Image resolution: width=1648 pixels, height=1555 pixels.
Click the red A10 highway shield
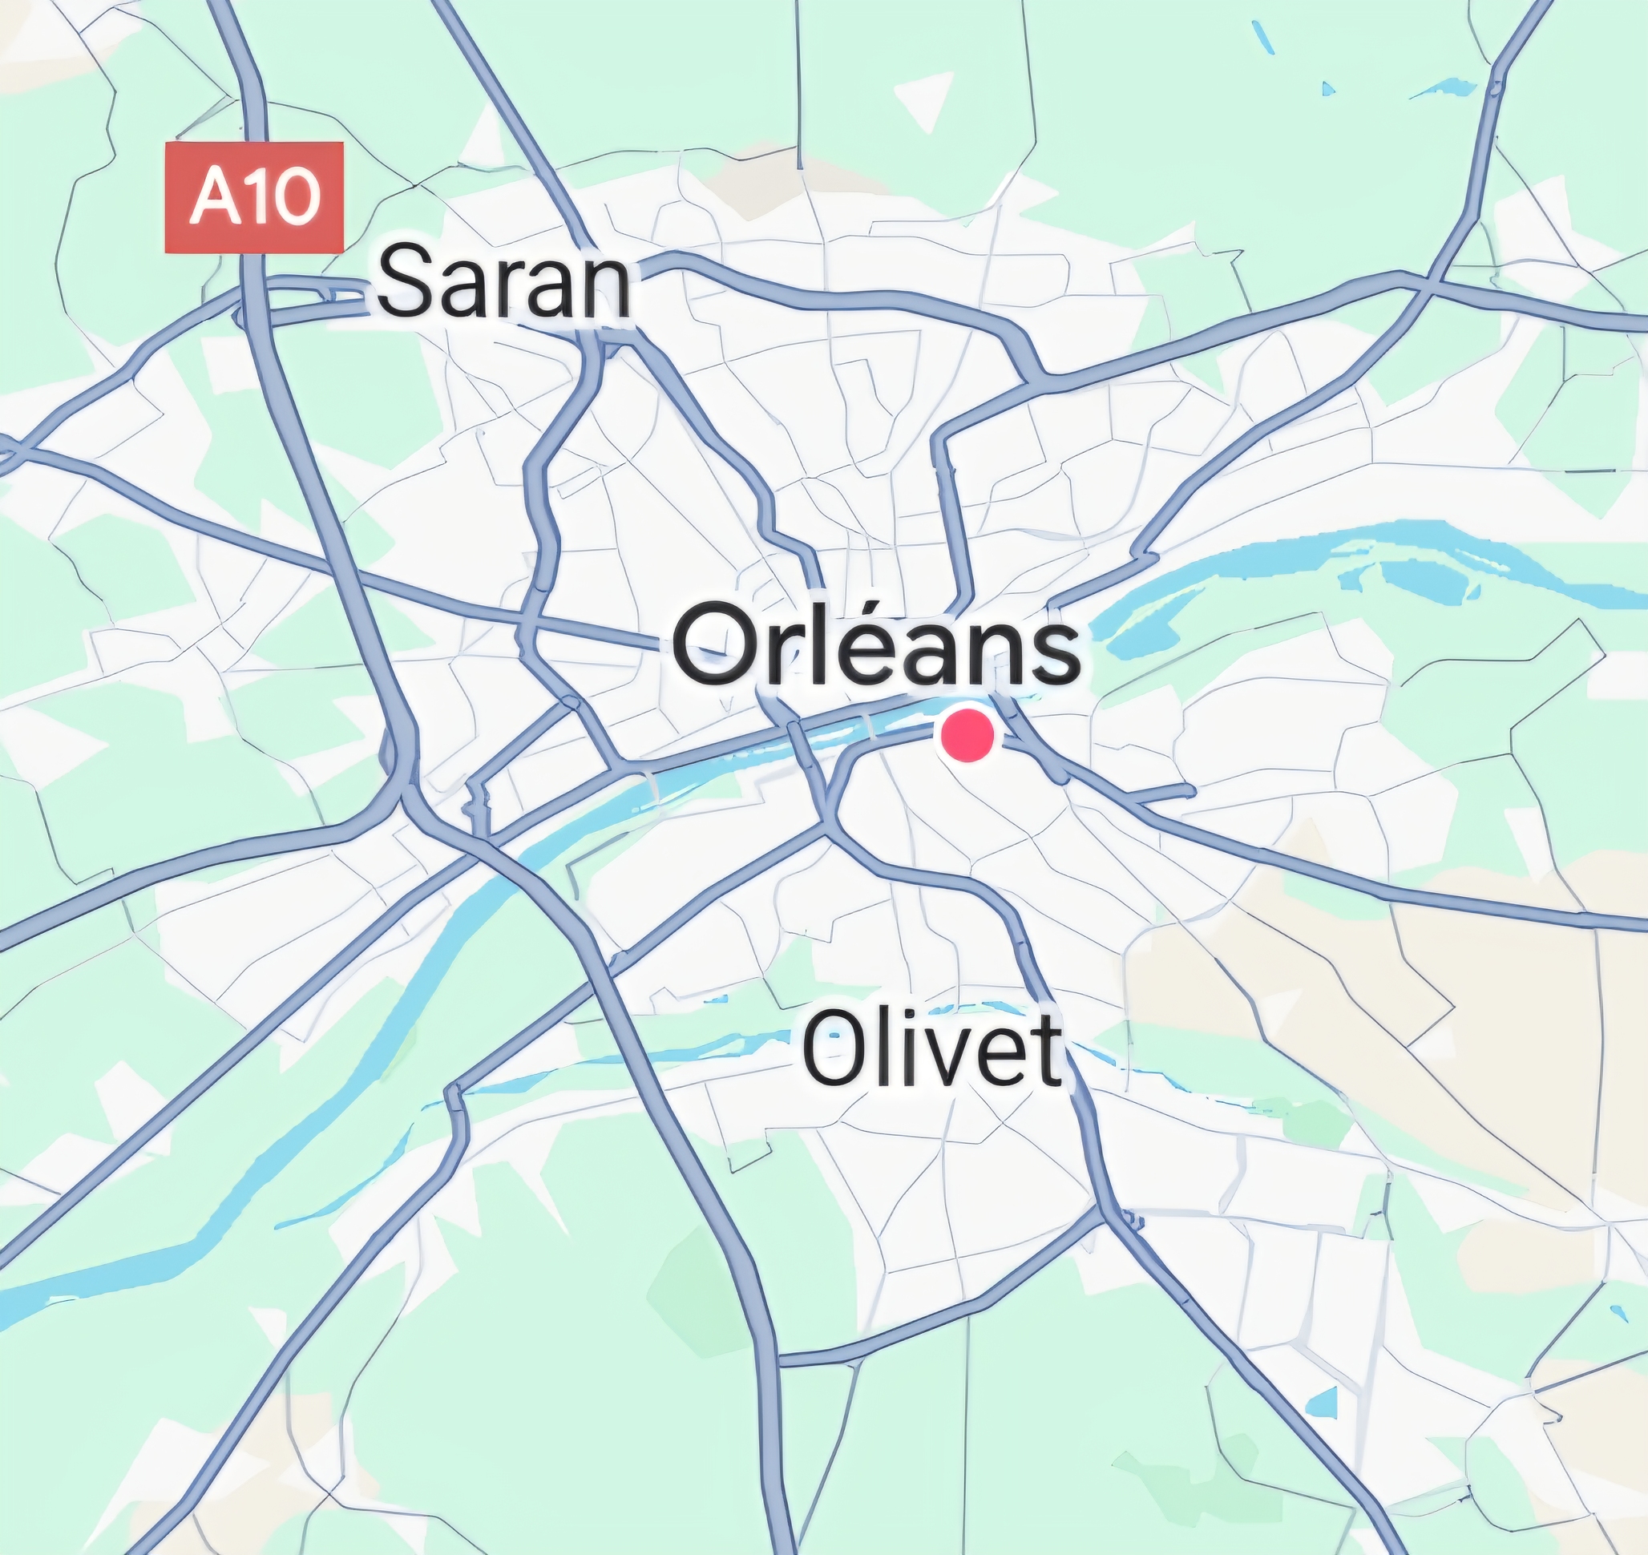coord(253,197)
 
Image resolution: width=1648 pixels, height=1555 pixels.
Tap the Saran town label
coord(504,285)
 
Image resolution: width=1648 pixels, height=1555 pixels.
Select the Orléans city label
coord(876,644)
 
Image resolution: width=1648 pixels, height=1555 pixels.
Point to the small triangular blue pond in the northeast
coord(1328,88)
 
